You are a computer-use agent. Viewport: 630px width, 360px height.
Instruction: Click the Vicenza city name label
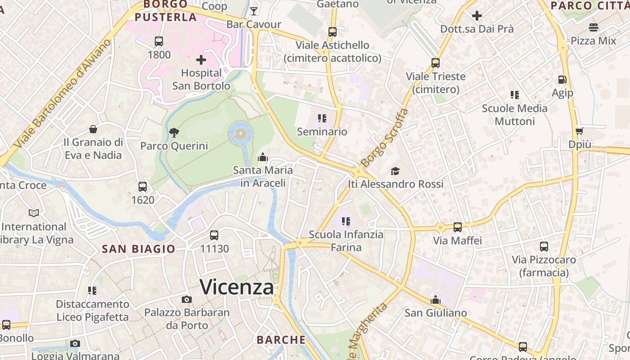(x=237, y=287)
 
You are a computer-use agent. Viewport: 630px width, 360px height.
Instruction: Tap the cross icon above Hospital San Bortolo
(x=201, y=60)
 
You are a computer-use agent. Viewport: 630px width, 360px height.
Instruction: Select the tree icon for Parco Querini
(x=174, y=133)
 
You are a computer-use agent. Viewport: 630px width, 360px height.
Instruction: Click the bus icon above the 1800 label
(x=159, y=41)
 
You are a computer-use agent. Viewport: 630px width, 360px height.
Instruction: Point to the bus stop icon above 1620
(x=143, y=186)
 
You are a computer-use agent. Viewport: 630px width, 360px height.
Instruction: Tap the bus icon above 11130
(x=214, y=235)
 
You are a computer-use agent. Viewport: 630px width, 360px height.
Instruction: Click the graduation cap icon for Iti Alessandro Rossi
(x=395, y=171)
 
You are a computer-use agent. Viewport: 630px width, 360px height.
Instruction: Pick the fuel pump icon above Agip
(x=562, y=80)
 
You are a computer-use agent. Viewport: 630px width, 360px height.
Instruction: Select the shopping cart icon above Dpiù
(x=579, y=131)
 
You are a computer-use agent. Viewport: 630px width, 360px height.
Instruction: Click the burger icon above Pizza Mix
(x=594, y=27)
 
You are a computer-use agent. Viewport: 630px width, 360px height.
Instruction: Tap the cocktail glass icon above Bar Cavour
(x=254, y=11)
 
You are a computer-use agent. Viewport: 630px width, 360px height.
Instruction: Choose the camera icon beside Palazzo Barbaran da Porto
(x=186, y=299)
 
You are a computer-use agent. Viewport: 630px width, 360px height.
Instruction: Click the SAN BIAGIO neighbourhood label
(x=139, y=249)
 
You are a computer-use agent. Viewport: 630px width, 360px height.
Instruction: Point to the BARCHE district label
(x=281, y=339)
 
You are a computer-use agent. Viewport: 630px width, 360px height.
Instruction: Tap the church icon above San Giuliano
(x=435, y=300)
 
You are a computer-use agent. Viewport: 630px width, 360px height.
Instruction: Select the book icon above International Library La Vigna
(x=34, y=213)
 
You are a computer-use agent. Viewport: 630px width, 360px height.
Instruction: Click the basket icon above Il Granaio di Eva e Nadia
(x=93, y=130)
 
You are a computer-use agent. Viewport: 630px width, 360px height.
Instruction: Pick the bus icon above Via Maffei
(x=458, y=227)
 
